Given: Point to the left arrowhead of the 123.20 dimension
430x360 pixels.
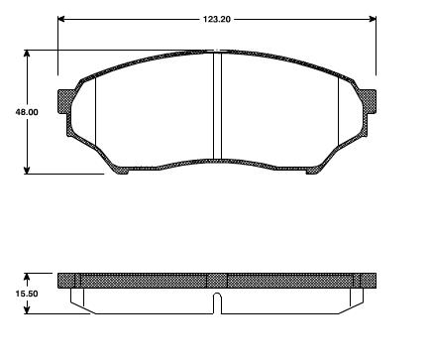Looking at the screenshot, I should [62, 19].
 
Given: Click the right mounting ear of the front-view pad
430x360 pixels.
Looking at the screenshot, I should [368, 102].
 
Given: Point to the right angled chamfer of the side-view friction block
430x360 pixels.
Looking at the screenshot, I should [354, 303].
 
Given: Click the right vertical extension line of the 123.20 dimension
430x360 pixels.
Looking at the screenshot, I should [376, 45].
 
